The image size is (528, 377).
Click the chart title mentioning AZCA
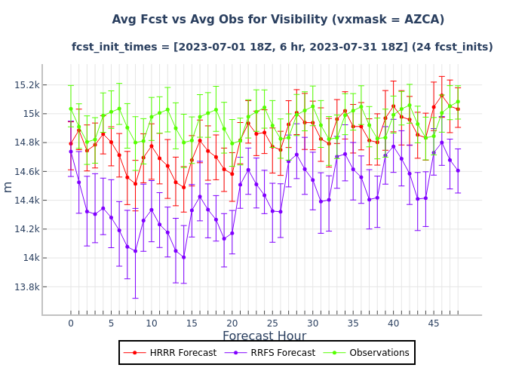pos(278,20)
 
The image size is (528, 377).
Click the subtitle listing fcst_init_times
pos(282,47)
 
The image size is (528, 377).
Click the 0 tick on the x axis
pos(71,323)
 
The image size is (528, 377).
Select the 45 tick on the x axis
pos(434,323)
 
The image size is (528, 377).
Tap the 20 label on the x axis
pos(232,323)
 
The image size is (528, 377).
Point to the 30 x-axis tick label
pos(313,323)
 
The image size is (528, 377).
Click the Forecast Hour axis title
pos(264,336)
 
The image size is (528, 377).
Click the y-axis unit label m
pos(8,186)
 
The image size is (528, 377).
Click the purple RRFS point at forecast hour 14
pos(183,257)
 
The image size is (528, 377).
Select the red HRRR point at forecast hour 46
pos(442,95)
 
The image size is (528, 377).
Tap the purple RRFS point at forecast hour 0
pos(71,152)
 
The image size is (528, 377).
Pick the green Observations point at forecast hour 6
pos(119,108)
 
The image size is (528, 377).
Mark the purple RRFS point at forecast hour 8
pos(135,250)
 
